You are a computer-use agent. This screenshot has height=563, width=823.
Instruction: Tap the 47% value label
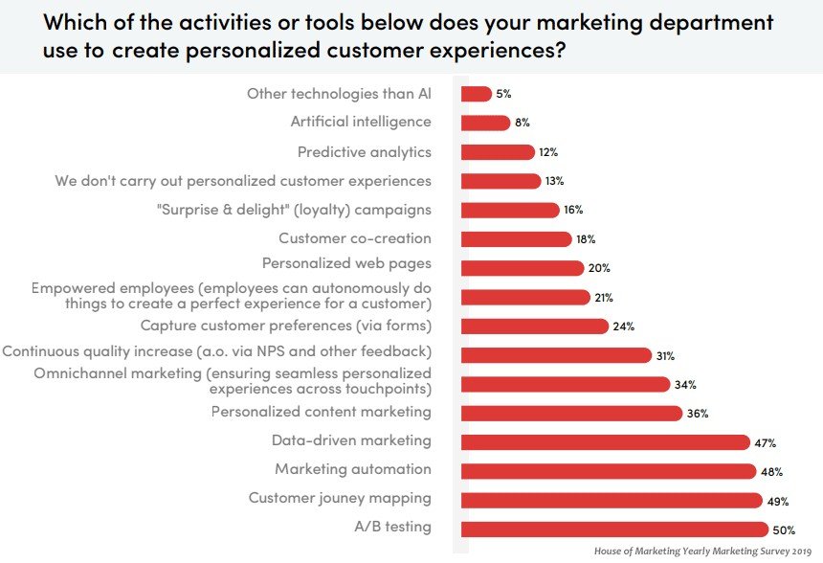tap(765, 443)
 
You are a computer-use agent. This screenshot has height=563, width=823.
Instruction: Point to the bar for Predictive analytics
tap(498, 152)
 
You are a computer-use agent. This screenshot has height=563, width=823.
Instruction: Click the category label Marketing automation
tap(353, 469)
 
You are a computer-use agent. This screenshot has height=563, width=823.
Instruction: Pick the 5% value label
tap(504, 94)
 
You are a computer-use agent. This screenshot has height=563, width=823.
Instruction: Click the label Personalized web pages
tap(346, 263)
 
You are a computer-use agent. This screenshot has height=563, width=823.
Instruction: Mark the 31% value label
tap(665, 356)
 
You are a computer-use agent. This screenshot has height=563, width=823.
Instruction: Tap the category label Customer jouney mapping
tap(340, 498)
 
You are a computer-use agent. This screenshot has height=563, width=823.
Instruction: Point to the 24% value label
tap(624, 327)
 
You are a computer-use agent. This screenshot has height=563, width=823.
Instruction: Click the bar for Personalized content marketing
tap(571, 413)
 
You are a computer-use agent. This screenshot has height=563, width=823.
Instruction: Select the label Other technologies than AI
tap(339, 94)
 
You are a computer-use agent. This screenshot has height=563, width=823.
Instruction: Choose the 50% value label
tap(784, 529)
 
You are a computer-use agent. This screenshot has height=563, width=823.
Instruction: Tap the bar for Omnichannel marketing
tap(565, 384)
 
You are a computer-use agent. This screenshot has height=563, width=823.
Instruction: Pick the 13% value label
tap(554, 181)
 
